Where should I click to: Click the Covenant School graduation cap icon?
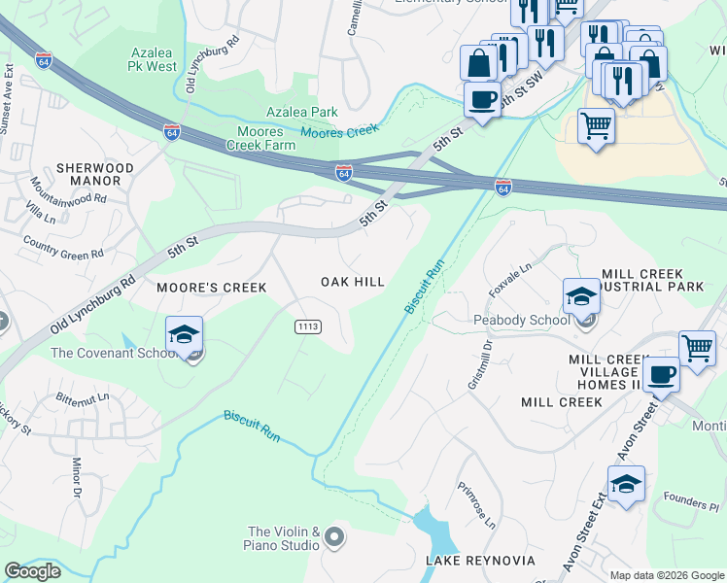click(x=184, y=335)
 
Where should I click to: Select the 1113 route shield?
click(x=308, y=328)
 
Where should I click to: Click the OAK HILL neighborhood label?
click(x=353, y=282)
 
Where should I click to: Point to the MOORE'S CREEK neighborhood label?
click(x=198, y=288)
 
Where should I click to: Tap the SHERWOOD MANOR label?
click(x=94, y=175)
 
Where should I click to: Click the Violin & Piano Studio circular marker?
click(x=335, y=537)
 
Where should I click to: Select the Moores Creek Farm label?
click(x=260, y=138)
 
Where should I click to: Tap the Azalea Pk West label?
click(x=155, y=59)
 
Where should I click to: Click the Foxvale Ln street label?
click(x=513, y=274)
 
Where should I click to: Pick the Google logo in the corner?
click(x=32, y=571)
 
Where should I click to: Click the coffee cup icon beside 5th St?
click(x=481, y=98)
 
